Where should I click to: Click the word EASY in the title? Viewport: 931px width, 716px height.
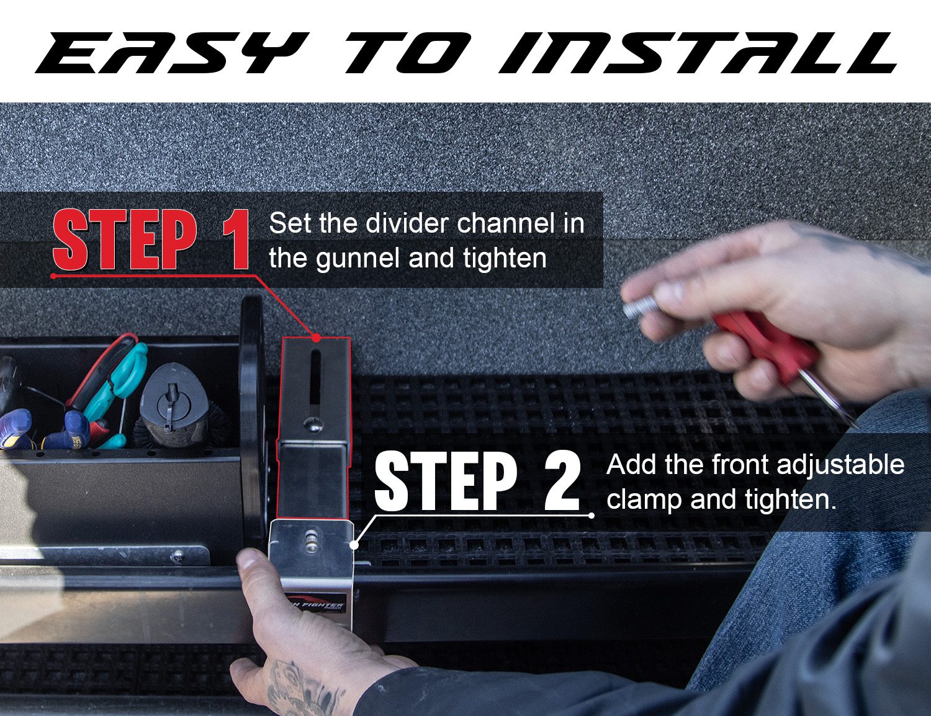pyautogui.click(x=171, y=53)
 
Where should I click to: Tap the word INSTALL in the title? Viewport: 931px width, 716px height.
pyautogui.click(x=698, y=53)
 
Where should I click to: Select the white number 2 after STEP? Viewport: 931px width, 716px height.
pyautogui.click(x=563, y=481)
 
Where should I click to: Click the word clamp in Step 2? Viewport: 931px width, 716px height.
pyautogui.click(x=644, y=500)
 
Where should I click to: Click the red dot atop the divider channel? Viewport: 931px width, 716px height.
pyautogui.click(x=316, y=338)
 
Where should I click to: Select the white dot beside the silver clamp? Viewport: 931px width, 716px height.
pyautogui.click(x=354, y=545)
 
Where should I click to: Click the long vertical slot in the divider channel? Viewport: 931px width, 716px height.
pyautogui.click(x=315, y=379)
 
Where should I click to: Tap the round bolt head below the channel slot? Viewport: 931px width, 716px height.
pyautogui.click(x=312, y=424)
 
